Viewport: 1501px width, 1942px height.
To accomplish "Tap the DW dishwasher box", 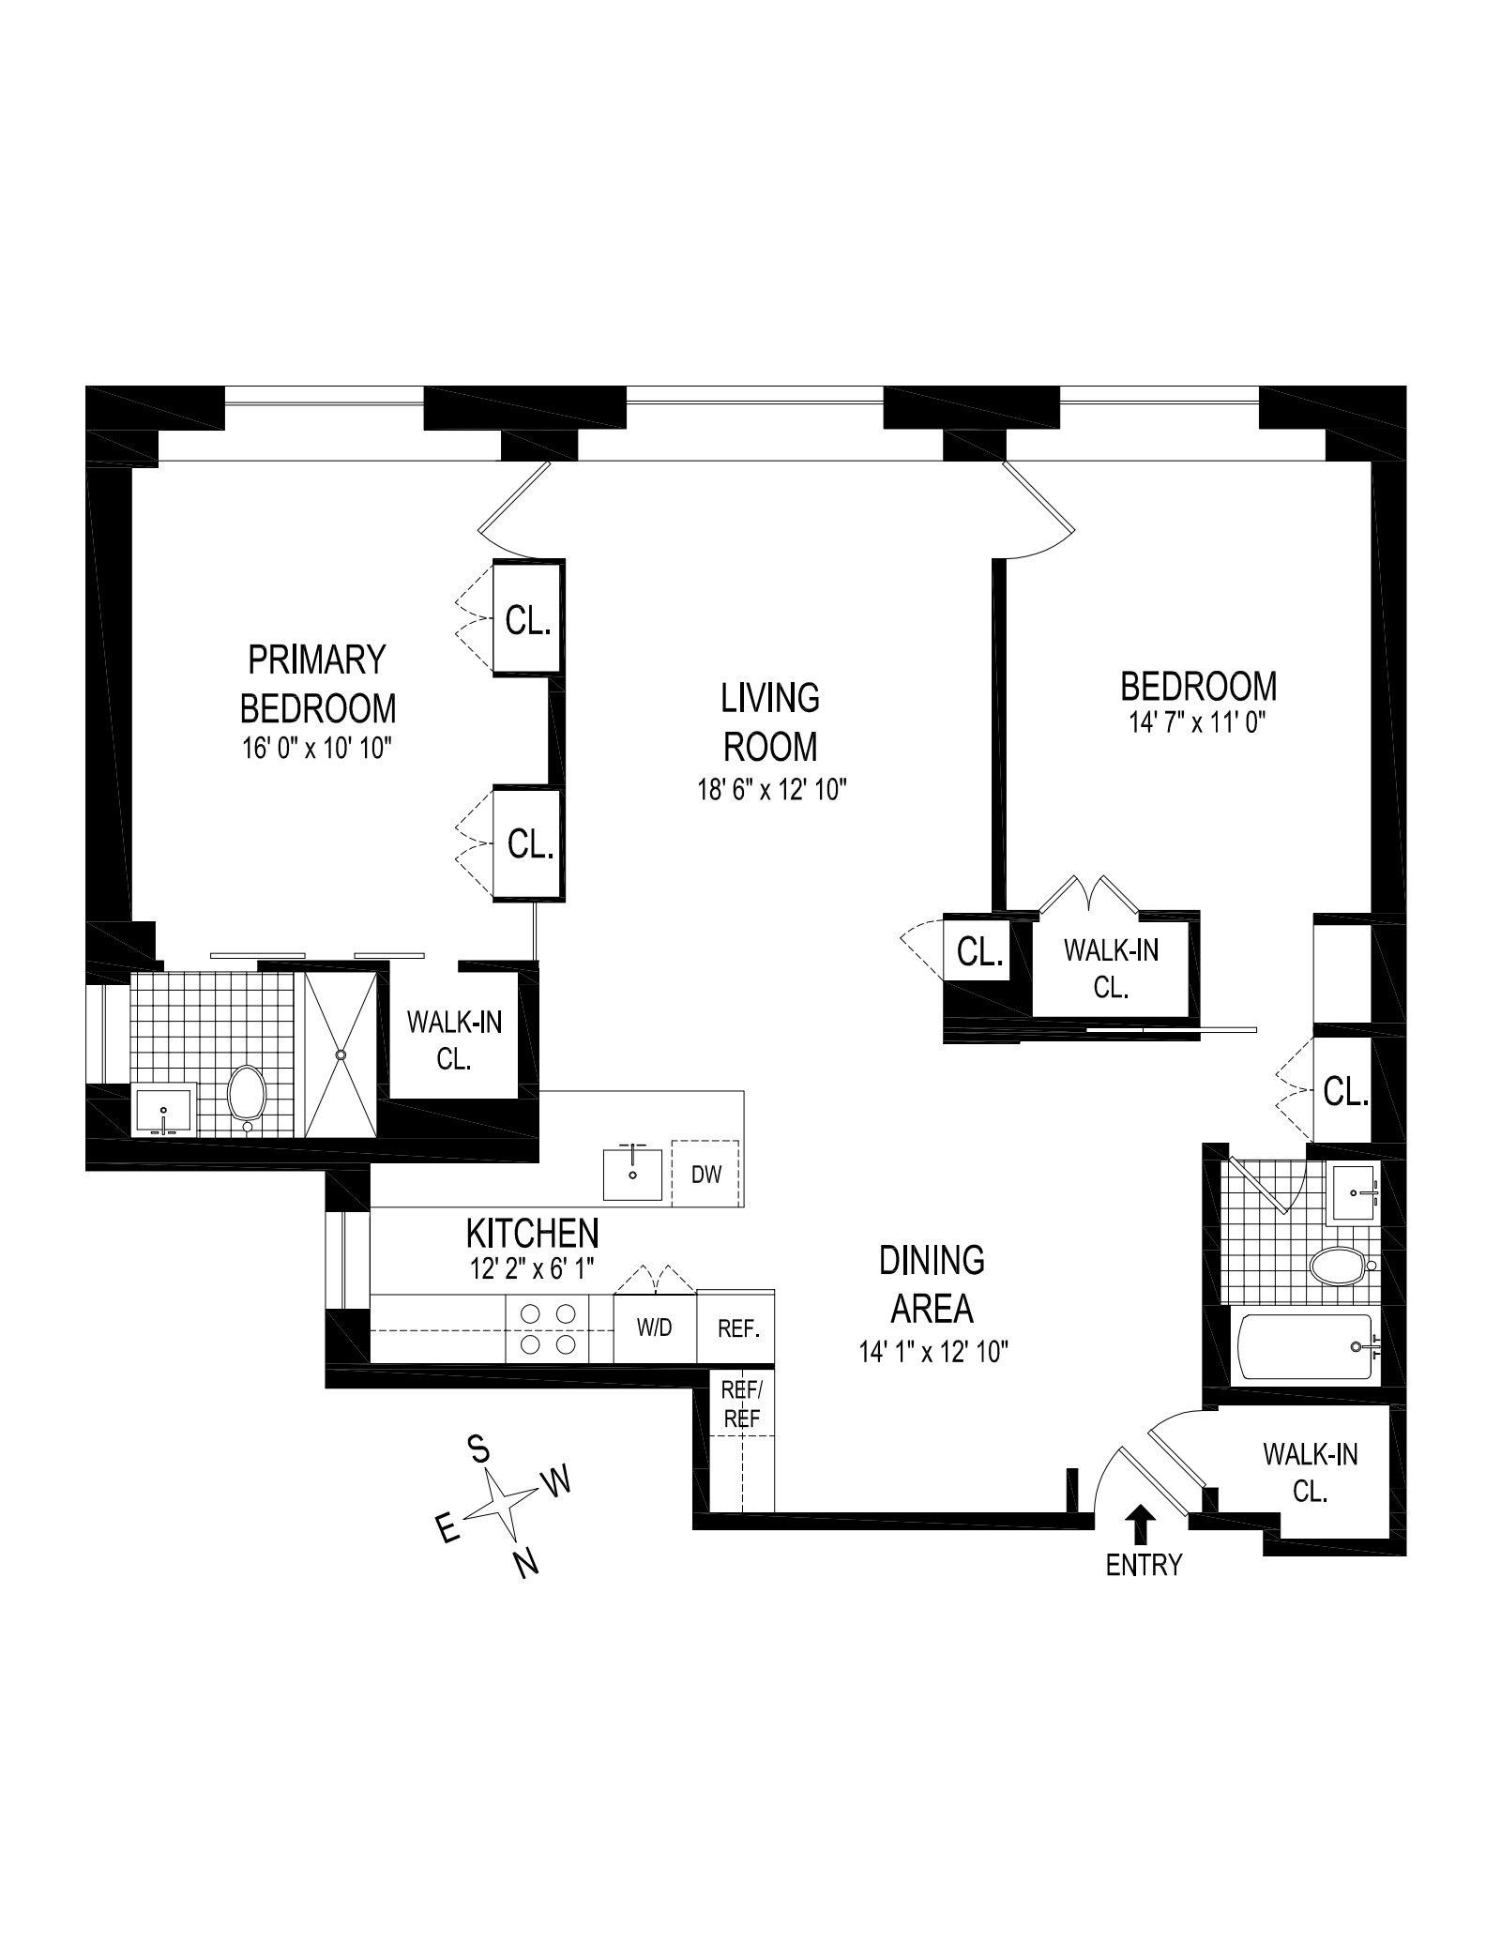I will (705, 1173).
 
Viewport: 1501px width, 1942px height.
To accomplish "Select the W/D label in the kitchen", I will (655, 1328).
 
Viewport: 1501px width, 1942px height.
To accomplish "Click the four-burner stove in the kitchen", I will (547, 1328).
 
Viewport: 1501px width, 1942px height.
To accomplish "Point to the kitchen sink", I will (632, 1175).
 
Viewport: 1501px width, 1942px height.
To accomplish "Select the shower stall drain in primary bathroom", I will (341, 1054).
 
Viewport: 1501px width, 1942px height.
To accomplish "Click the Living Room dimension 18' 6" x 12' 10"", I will (770, 790).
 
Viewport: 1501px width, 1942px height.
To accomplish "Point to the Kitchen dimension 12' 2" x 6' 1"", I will (532, 1269).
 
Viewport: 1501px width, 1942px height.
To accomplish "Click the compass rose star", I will (501, 1505).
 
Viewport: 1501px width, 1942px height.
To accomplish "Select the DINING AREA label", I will (932, 1283).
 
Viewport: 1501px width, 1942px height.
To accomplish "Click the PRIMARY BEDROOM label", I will (318, 684).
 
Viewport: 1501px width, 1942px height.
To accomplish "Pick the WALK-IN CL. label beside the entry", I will (1310, 1472).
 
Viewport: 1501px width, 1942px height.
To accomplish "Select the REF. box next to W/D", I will (737, 1328).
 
